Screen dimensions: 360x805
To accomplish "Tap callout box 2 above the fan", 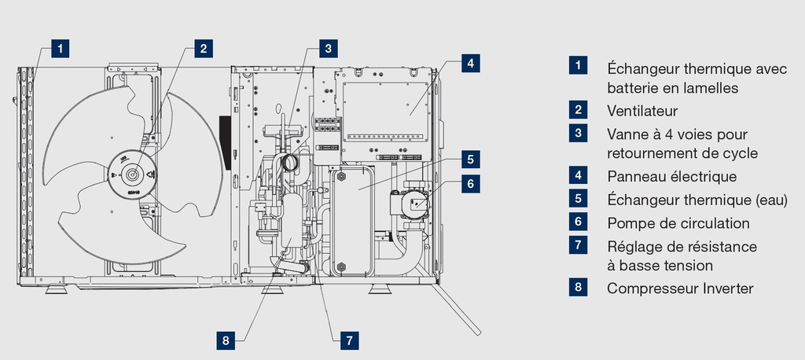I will click(203, 48).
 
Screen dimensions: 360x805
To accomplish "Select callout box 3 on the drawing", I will click(329, 48).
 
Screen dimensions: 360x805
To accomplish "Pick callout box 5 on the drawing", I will click(469, 159).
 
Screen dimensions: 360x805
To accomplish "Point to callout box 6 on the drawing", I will click(469, 183).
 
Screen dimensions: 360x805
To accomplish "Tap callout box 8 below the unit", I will click(226, 340).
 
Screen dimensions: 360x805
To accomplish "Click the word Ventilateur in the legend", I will click(641, 111).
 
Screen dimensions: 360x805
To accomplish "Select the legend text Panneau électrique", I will click(671, 177).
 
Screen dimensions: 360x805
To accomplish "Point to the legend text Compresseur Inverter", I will click(680, 288).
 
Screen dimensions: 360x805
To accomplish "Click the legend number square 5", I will click(579, 199).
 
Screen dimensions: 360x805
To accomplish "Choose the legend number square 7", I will click(579, 244).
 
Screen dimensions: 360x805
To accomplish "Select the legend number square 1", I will click(579, 65).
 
